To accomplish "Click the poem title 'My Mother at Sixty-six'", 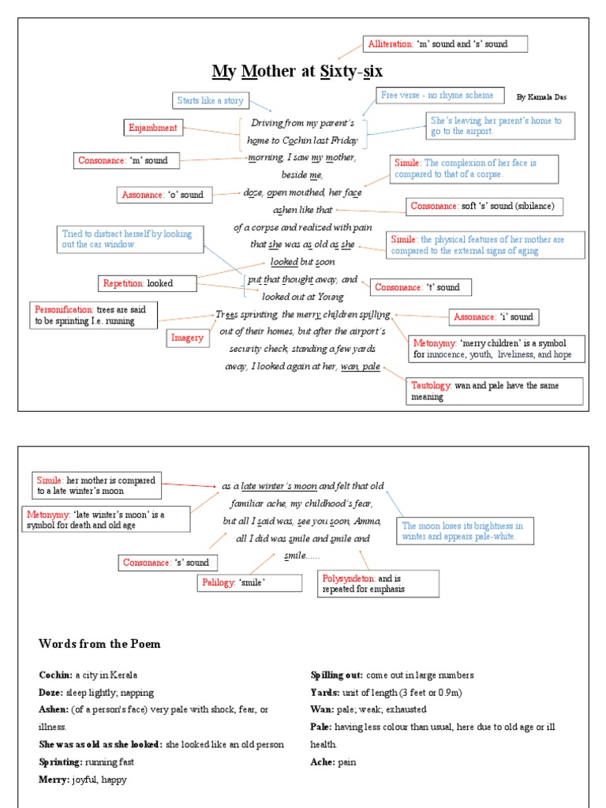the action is pyautogui.click(x=297, y=71).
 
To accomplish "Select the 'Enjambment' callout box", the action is pyautogui.click(x=153, y=128).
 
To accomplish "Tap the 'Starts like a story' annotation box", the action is pyautogui.click(x=210, y=100).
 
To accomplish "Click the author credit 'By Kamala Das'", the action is pyautogui.click(x=541, y=97).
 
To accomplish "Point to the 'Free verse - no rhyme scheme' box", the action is pyautogui.click(x=440, y=95).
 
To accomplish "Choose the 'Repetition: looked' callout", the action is pyautogui.click(x=148, y=283).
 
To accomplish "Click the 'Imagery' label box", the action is pyautogui.click(x=188, y=338).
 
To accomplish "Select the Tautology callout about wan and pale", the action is pyautogui.click(x=495, y=391).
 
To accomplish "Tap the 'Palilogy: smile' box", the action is pyautogui.click(x=249, y=583).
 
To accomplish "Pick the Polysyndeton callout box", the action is pyautogui.click(x=378, y=584).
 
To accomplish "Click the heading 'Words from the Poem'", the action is pyautogui.click(x=99, y=644).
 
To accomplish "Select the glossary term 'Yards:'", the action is pyautogui.click(x=325, y=693).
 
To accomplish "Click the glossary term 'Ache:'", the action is pyautogui.click(x=322, y=762).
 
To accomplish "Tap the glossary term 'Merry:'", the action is pyautogui.click(x=54, y=780).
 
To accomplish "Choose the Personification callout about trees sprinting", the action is pyautogui.click(x=93, y=316).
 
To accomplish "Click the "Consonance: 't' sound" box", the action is pyautogui.click(x=421, y=287).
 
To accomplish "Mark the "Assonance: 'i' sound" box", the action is pyautogui.click(x=494, y=317).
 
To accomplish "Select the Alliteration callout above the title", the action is pyautogui.click(x=445, y=44).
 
